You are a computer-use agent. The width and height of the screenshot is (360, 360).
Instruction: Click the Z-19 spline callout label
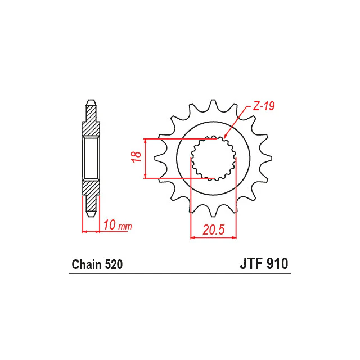pyautogui.click(x=264, y=106)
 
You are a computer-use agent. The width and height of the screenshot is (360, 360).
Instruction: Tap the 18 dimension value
pyautogui.click(x=137, y=157)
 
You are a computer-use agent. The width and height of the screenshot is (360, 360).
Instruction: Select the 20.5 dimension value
pyautogui.click(x=213, y=230)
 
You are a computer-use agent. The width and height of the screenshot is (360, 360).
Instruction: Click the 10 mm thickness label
pyautogui.click(x=118, y=225)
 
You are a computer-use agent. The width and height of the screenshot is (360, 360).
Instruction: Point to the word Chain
pyautogui.click(x=87, y=264)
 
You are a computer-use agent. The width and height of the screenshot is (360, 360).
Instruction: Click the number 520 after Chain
pyautogui.click(x=114, y=264)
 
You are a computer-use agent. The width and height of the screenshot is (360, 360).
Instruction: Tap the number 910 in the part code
pyautogui.click(x=277, y=264)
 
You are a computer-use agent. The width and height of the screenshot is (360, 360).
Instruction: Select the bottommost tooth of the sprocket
pyautogui.click(x=213, y=211)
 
